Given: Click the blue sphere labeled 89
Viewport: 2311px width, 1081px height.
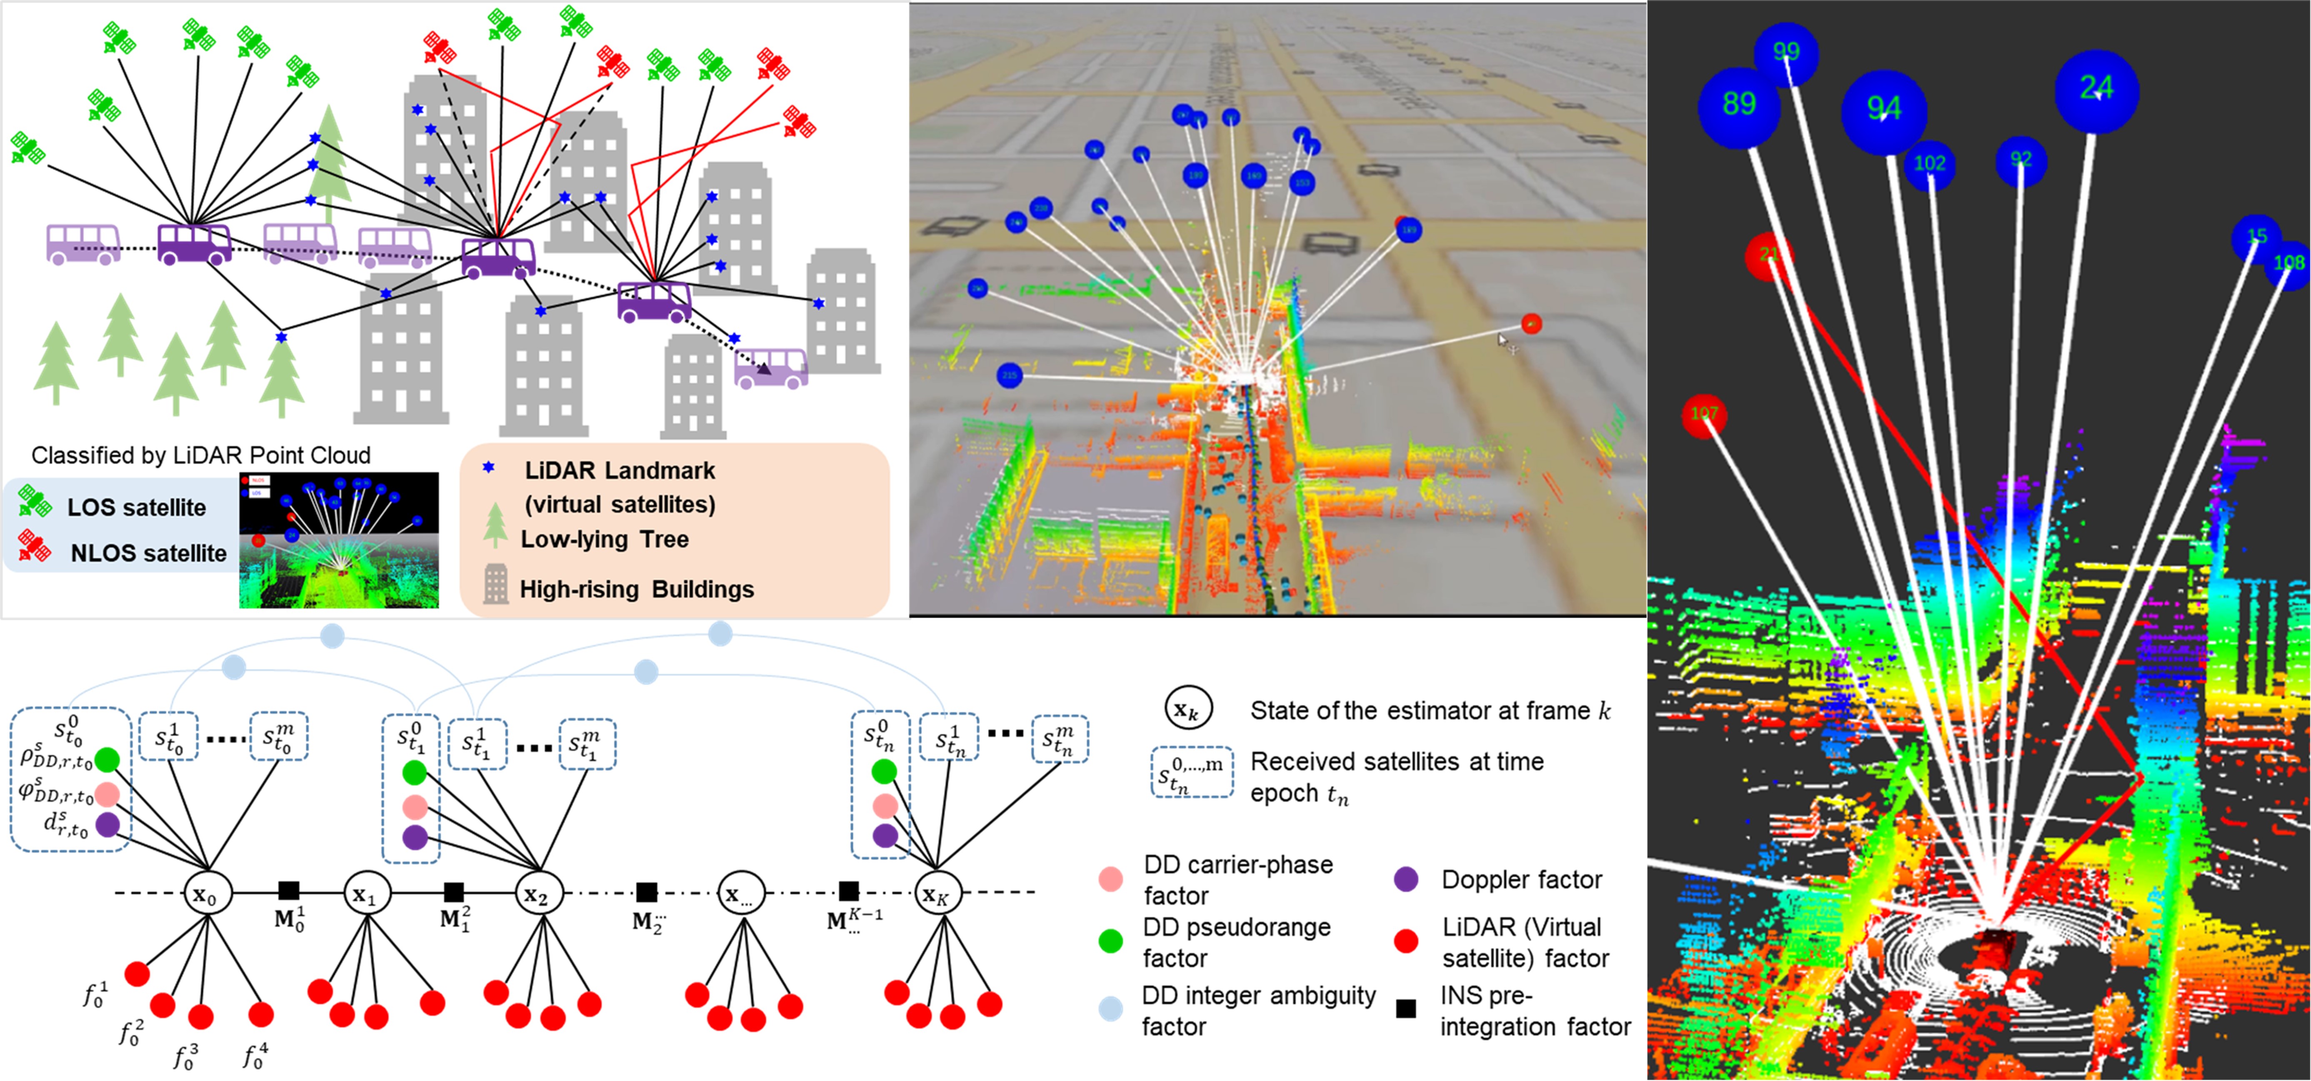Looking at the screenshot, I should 1739,105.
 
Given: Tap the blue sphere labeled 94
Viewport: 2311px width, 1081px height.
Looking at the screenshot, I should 1883,110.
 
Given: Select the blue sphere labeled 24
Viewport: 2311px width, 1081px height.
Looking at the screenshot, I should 2096,90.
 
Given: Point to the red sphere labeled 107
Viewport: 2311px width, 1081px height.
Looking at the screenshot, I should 1704,414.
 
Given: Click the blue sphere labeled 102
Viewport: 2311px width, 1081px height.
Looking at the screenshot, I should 1929,164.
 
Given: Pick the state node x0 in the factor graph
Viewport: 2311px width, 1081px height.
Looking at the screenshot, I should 207,894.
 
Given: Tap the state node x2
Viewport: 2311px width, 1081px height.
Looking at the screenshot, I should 537,894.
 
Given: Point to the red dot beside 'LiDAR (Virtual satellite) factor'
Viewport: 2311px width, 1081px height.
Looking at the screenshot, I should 1406,941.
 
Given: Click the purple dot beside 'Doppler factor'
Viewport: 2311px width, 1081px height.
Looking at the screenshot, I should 1406,879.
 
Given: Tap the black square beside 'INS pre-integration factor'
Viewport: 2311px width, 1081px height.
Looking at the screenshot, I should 1406,1009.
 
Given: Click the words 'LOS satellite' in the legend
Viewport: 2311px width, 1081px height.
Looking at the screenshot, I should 136,508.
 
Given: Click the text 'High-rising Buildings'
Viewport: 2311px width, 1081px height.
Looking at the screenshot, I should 637,589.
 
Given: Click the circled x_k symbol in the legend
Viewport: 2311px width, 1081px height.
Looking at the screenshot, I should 1188,709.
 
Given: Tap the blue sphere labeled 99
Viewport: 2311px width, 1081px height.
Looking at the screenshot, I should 1785,52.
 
